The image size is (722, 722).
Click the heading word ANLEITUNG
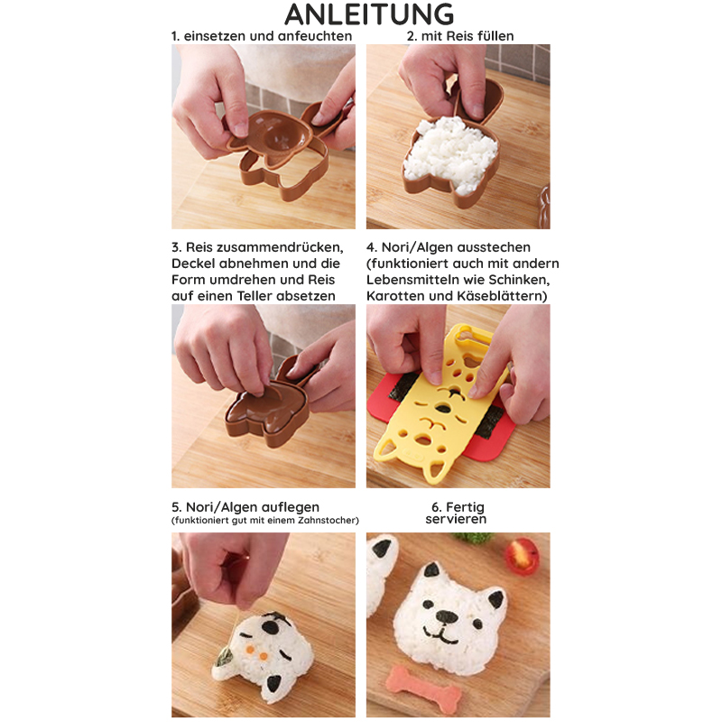(369, 14)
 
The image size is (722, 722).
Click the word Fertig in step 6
(465, 507)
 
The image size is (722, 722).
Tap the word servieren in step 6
(456, 520)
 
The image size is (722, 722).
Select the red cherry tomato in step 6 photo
(523, 556)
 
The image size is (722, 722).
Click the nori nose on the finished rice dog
(446, 616)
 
